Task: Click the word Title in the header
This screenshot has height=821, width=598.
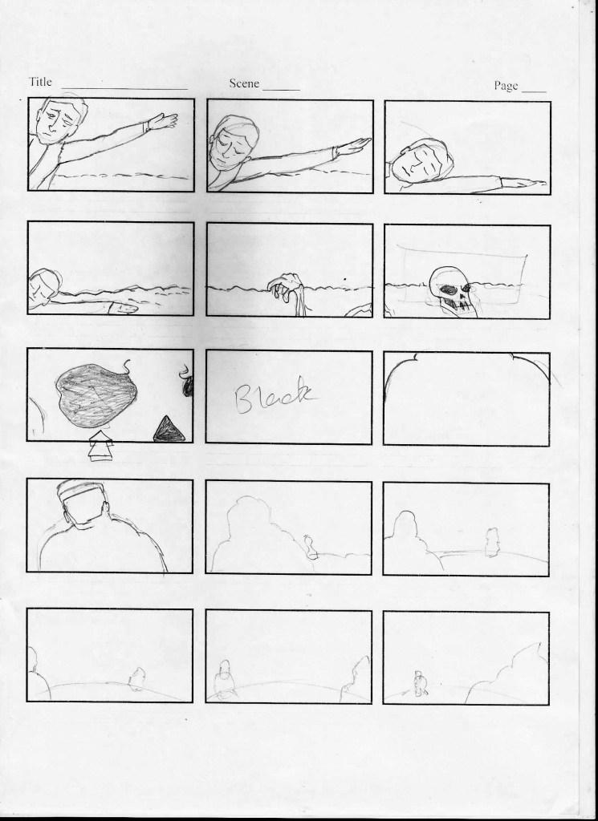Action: point(40,82)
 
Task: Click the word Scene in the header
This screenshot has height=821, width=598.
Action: point(244,83)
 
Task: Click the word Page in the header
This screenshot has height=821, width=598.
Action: point(506,86)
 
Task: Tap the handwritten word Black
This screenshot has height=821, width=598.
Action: point(274,394)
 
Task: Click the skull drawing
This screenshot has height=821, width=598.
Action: point(453,291)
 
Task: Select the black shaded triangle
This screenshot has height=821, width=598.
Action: point(169,429)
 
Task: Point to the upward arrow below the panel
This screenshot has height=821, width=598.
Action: point(100,446)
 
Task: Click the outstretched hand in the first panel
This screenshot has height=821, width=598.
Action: point(162,122)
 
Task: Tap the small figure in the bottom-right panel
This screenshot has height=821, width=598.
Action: point(419,683)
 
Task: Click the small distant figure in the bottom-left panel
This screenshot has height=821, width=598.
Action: point(137,678)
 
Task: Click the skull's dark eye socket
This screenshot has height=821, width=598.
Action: point(449,289)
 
